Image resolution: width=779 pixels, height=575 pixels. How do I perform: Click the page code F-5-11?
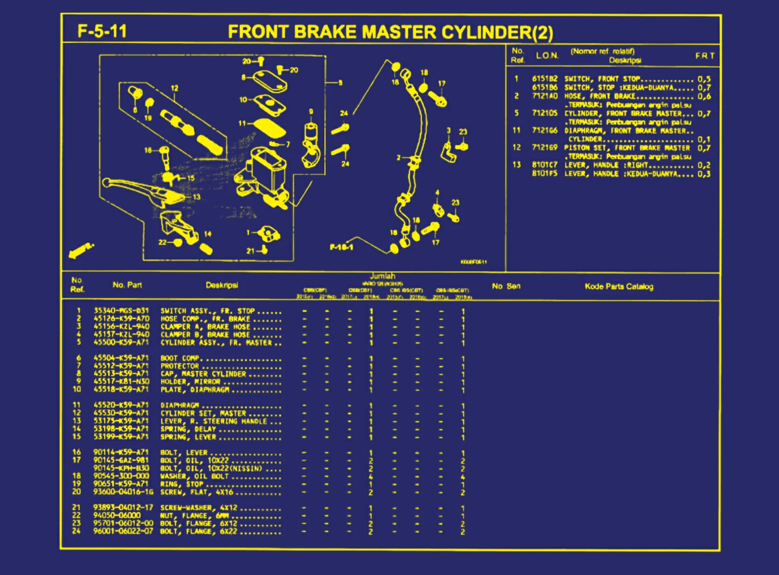102,31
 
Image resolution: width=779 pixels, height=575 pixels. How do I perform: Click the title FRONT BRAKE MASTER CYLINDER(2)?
390,32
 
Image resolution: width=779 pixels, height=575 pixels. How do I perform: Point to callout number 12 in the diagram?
174,88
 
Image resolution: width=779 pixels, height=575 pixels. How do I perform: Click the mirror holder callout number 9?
311,112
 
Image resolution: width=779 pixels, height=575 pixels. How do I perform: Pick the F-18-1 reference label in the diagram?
342,247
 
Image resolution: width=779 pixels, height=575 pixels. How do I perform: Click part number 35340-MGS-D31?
121,311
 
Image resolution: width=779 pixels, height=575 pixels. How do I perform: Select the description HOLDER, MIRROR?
190,382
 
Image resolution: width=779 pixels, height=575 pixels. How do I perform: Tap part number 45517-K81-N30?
121,382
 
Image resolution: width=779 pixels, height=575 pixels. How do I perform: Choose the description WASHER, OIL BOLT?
194,476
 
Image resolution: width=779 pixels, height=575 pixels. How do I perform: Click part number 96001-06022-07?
123,531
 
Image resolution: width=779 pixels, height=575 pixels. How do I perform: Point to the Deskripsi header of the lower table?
222,285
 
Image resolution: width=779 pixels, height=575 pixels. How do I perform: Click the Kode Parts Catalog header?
618,286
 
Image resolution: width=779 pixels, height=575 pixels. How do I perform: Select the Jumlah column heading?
382,276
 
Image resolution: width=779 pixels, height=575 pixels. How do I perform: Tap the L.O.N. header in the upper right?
547,56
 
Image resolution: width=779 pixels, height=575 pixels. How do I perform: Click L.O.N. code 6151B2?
544,79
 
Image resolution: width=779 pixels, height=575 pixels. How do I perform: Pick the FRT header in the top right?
705,56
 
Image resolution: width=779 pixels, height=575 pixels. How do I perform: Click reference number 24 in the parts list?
76,531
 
